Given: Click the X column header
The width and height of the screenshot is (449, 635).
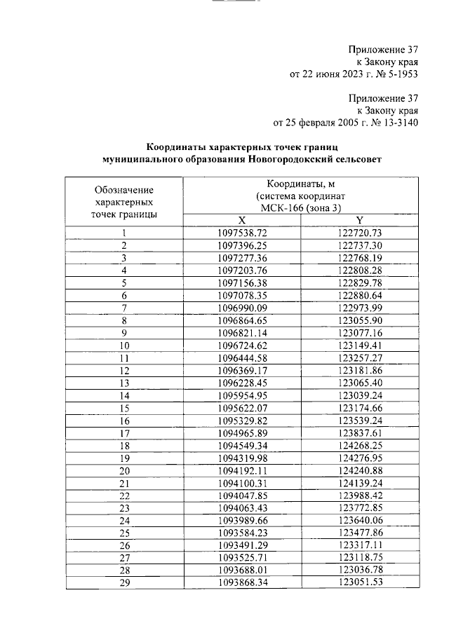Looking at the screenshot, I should pos(242,219).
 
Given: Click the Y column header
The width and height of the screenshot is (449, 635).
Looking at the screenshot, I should pos(359,219).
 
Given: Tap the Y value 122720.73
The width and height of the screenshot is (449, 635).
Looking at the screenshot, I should pos(359,232).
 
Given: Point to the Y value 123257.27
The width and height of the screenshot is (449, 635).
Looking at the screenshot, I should pos(359,358).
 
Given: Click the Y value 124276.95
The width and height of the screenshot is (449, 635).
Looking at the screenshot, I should pos(359,459).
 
